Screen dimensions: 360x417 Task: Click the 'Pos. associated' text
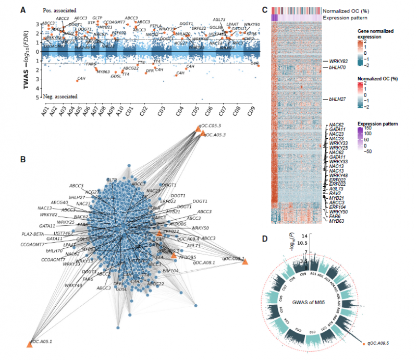point(60,10)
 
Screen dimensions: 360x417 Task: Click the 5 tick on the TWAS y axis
point(38,97)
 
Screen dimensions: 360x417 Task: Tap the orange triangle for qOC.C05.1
point(244,261)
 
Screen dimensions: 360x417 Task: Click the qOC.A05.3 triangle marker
point(203,135)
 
